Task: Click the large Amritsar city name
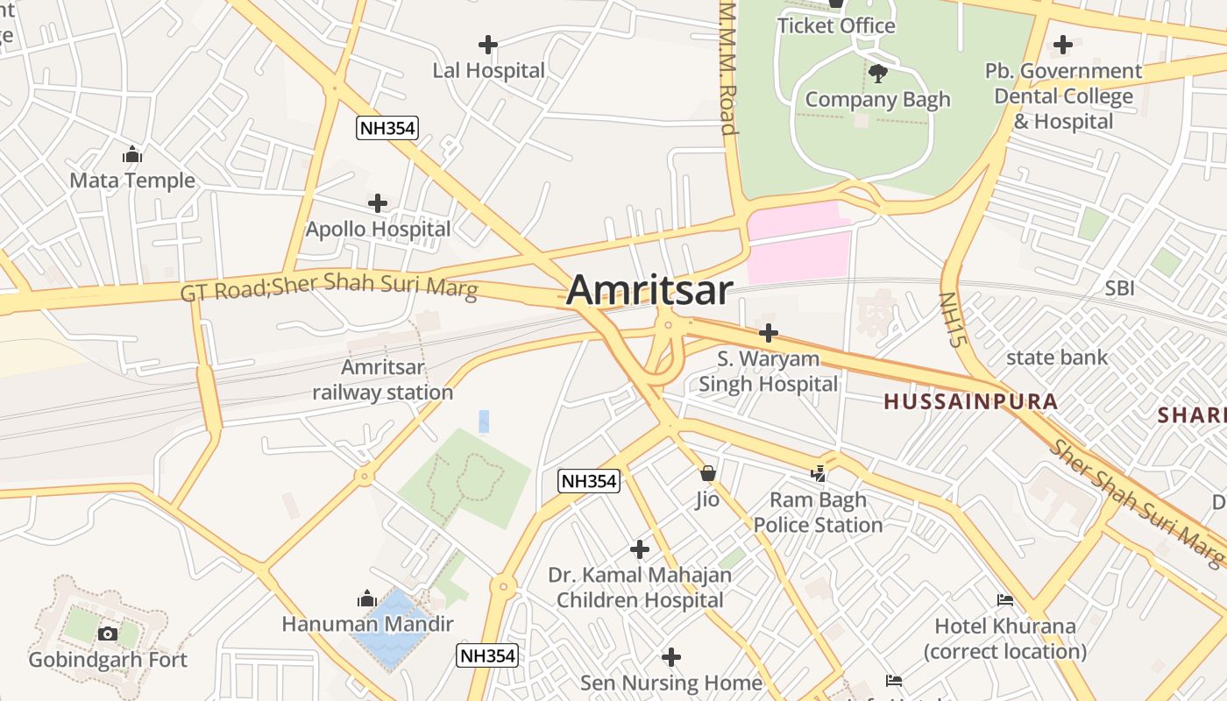[649, 290]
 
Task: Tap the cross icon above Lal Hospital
[488, 44]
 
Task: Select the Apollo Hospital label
[378, 229]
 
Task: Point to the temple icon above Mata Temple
[132, 155]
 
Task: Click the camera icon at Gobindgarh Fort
[107, 634]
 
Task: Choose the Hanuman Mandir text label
[367, 624]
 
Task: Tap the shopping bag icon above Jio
[707, 474]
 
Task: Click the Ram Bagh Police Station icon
[819, 474]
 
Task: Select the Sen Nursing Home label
[671, 682]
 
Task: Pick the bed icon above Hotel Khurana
[1005, 600]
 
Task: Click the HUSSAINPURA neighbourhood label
[970, 402]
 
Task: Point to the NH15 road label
[952, 319]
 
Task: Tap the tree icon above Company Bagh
[877, 74]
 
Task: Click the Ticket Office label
[836, 25]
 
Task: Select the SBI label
[1119, 288]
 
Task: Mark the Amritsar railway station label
[383, 379]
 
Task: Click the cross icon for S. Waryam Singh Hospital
[769, 333]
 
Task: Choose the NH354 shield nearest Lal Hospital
[387, 128]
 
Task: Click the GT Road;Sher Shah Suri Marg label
[330, 286]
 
